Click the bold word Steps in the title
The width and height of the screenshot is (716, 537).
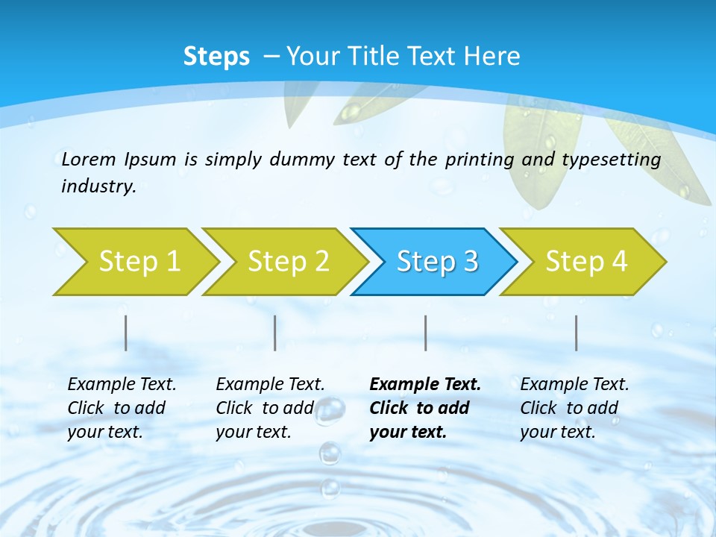[216, 57]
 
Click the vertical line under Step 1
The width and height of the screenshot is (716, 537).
[125, 333]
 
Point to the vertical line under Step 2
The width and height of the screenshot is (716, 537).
[275, 333]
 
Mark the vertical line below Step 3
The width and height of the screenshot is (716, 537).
[425, 333]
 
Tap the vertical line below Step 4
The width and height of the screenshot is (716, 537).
[577, 333]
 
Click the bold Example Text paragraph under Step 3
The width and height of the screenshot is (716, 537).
[424, 408]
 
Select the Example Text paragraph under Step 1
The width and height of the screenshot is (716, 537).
[121, 408]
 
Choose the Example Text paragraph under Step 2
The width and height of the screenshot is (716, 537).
[269, 408]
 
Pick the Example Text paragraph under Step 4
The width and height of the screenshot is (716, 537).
[574, 408]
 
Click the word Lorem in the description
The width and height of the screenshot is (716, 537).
[89, 159]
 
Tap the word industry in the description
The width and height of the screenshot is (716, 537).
[98, 186]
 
